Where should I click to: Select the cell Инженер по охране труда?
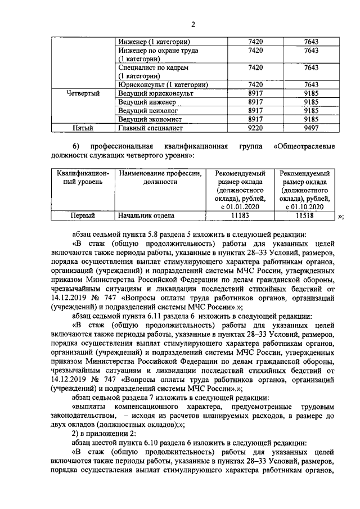pos(158,55)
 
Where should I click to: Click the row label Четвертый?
pos(83,93)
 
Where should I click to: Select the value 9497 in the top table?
pos(310,128)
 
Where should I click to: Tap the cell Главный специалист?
pos(150,128)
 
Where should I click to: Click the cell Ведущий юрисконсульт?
pos(156,93)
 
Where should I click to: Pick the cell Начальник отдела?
pos(146,215)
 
